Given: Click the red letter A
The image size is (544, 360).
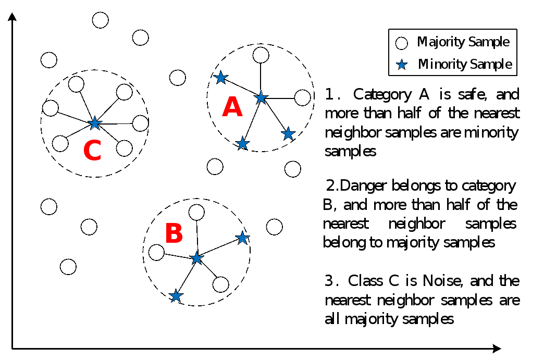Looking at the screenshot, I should coord(232,108).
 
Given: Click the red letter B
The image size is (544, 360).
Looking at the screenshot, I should coord(174,234).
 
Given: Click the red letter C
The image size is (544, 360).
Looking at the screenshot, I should coord(92,151).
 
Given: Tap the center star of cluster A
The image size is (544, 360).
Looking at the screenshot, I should coord(261,97).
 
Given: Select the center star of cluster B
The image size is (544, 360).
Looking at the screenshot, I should coord(196,258).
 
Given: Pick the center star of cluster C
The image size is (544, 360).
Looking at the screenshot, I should coord(94,123).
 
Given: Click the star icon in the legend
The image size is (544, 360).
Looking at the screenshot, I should coord(401,65).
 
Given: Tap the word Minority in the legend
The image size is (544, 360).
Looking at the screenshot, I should coord(442,65).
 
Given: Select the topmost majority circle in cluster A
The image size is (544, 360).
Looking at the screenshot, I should coord(261,54).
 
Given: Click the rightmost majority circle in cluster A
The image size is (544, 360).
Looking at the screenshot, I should coord(302,97).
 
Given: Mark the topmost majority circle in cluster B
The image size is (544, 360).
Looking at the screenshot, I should coord(196,213).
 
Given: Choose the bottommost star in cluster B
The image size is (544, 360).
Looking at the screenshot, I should coord(176,296).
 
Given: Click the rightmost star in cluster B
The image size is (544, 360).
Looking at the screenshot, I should coord(242,238).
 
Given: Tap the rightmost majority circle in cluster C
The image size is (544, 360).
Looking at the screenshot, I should coord(141,123).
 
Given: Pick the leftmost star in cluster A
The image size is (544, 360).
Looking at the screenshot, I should coord(221,78).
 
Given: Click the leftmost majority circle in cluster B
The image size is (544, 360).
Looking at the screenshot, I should coord(156,253).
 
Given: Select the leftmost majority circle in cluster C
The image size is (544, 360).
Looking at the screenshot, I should coord(51,108).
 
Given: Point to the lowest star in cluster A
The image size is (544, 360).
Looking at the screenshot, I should coord(242,143).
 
